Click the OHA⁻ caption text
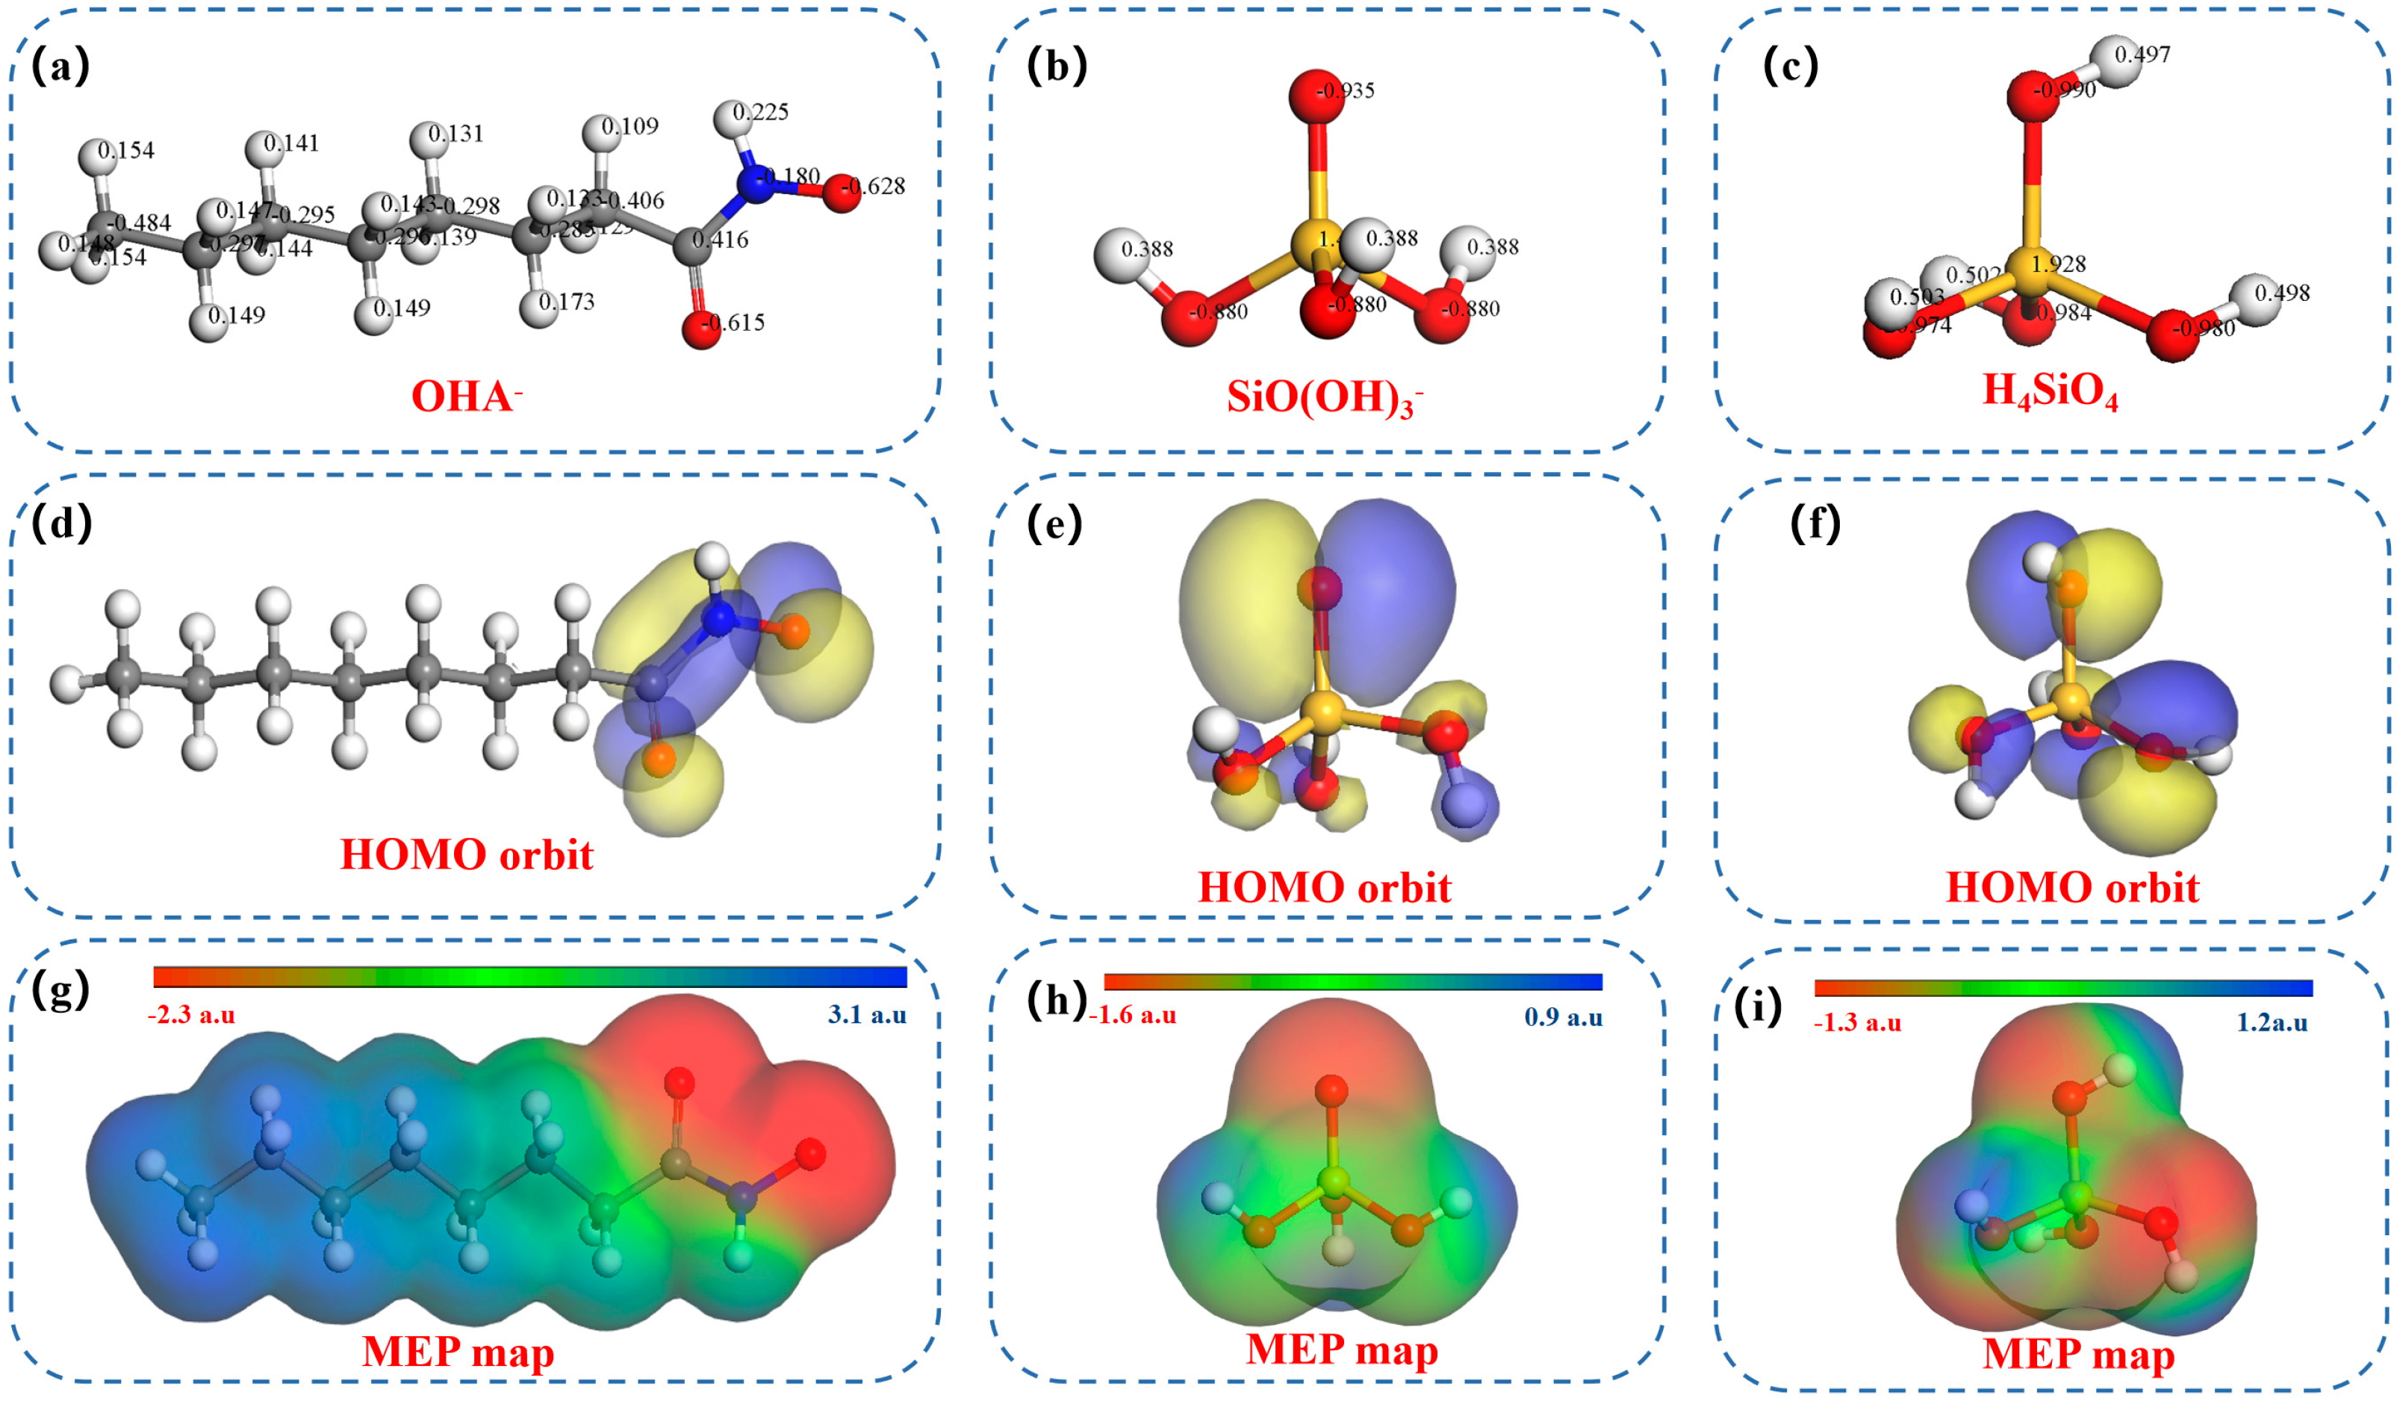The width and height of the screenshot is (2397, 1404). [466, 396]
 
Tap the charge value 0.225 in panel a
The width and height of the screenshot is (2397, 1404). [761, 112]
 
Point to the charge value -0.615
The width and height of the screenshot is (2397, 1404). [734, 323]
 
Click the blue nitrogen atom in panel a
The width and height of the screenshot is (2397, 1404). [755, 184]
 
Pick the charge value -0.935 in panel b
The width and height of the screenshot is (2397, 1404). [1346, 91]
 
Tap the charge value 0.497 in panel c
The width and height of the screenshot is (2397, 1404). [2142, 55]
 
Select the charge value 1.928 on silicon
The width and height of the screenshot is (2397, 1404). [2059, 264]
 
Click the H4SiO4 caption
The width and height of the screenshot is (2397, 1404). [2050, 390]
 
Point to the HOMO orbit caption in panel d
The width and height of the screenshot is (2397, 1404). [466, 854]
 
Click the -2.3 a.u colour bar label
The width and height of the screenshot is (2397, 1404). [191, 1015]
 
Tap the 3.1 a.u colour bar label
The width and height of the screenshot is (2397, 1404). [866, 1015]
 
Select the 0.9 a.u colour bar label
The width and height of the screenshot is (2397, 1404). [1563, 1017]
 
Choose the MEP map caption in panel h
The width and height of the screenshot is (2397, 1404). [1341, 1349]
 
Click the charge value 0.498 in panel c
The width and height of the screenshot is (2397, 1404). [2282, 293]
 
